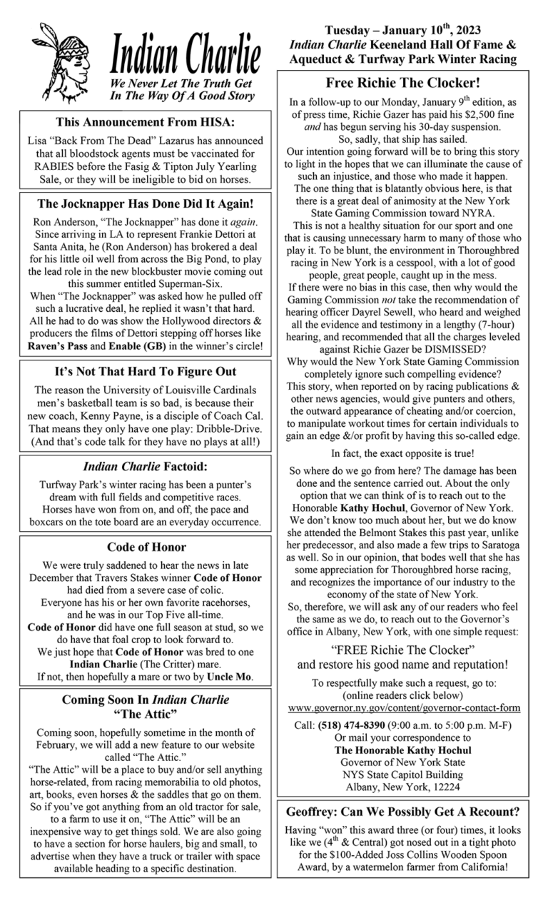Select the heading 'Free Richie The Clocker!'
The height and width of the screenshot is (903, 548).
[402, 82]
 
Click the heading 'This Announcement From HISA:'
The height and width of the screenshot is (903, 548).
[146, 122]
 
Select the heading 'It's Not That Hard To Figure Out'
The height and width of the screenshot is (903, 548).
[146, 372]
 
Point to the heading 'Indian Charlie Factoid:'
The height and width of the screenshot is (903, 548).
[146, 468]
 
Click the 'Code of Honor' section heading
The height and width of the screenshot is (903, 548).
[146, 547]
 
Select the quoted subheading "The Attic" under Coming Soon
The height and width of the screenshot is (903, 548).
[146, 713]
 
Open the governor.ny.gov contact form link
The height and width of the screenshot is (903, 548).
[404, 707]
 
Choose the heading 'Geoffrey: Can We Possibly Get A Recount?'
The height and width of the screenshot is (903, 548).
[403, 812]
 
